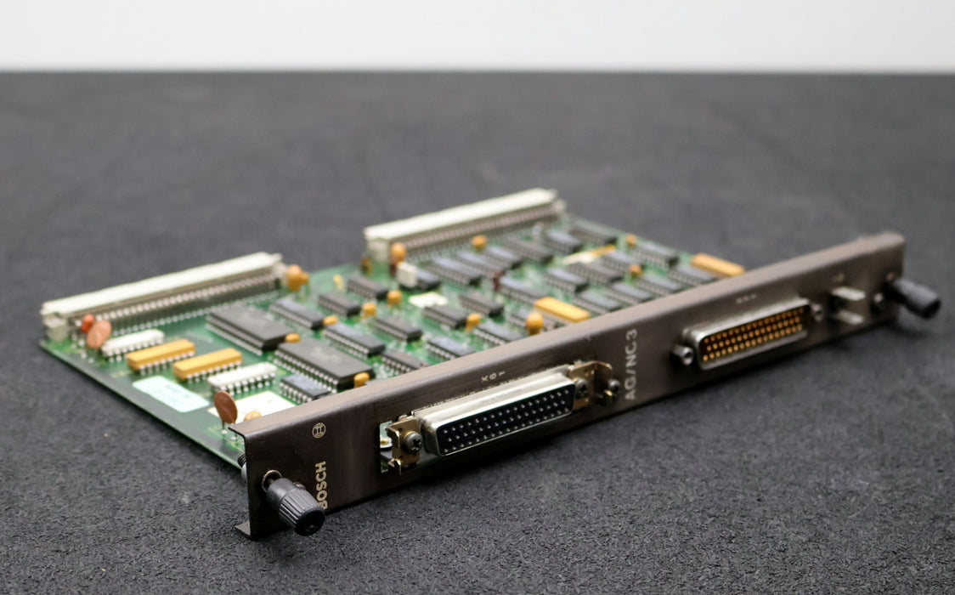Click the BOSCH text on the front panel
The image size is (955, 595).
point(321,484)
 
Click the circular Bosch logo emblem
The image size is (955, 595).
point(319,430)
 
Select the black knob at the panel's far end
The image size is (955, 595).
point(913,297)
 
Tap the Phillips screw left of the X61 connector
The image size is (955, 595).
point(411,441)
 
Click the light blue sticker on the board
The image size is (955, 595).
point(170,394)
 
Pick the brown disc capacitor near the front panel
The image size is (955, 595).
point(225,407)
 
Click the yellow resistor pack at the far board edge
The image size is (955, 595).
point(717,265)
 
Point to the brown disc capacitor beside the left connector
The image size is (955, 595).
point(99,334)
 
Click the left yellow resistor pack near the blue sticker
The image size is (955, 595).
point(161,354)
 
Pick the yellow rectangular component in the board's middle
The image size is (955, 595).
point(561,309)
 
